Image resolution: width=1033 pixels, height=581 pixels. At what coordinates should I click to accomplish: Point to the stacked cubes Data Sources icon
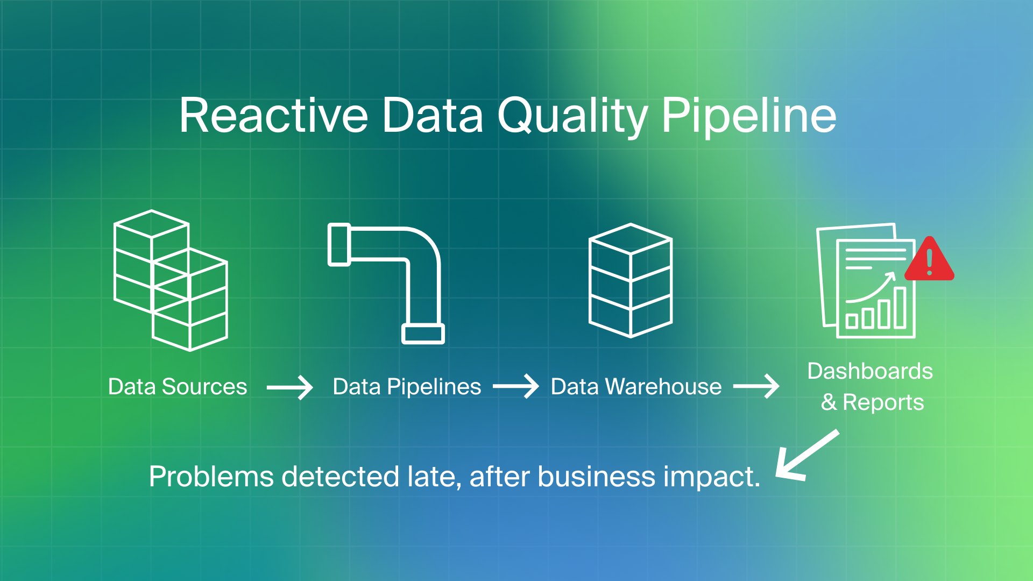(x=171, y=280)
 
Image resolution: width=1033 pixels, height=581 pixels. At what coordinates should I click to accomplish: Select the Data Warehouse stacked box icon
(x=631, y=280)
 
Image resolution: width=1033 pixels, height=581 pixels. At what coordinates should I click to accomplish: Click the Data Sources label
(x=178, y=387)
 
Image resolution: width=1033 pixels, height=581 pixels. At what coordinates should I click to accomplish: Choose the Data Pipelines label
(x=407, y=387)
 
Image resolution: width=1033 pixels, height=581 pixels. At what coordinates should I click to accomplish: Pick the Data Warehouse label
(x=636, y=387)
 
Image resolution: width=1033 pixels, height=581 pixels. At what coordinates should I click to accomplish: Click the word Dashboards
(x=870, y=371)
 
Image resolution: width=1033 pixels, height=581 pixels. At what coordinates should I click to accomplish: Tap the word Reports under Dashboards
(x=883, y=402)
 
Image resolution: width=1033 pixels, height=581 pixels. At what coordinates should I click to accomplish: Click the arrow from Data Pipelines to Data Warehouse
(x=515, y=387)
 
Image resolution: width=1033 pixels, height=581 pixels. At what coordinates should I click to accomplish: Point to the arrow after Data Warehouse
(x=756, y=387)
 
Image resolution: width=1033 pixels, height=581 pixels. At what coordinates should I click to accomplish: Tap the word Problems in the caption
(x=211, y=477)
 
